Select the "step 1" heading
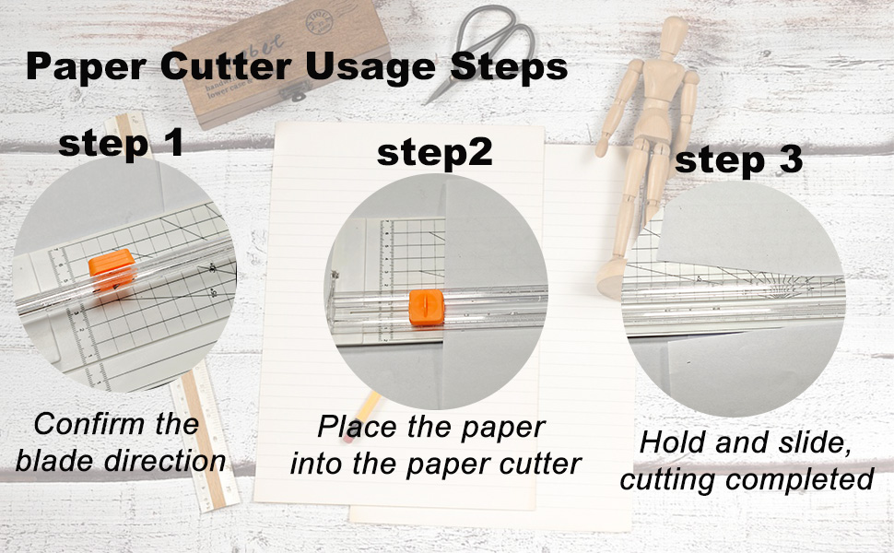[121, 143]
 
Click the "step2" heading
[434, 154]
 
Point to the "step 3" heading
[738, 160]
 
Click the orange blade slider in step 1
[112, 268]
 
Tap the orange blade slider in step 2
[427, 307]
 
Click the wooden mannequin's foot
[610, 278]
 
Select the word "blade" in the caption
[56, 461]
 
